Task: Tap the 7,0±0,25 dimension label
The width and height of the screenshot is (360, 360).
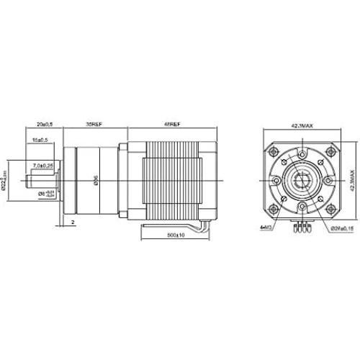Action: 43,166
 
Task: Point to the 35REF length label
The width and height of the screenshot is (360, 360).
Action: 94,123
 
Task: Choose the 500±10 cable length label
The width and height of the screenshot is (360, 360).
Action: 176,235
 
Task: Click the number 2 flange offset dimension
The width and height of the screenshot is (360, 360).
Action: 73,222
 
